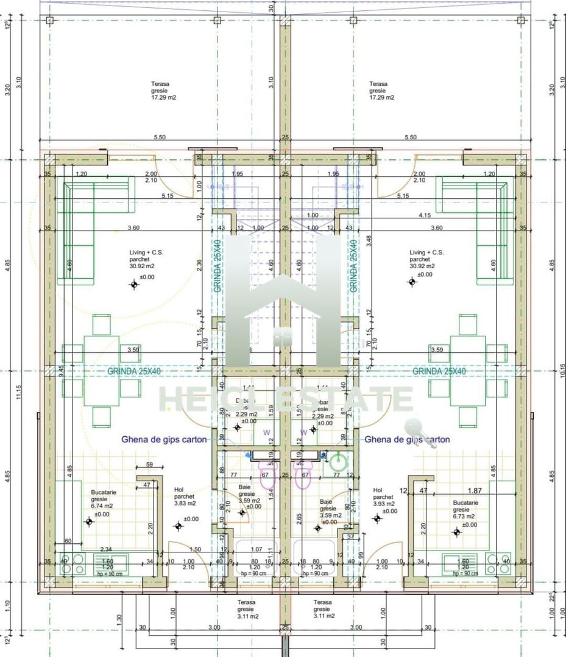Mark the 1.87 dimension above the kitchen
[x=475, y=490]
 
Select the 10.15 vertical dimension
[x=551, y=370]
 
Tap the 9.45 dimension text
[x=61, y=371]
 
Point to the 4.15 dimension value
[x=425, y=215]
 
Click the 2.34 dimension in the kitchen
[x=105, y=549]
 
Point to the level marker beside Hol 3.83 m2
[x=178, y=526]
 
